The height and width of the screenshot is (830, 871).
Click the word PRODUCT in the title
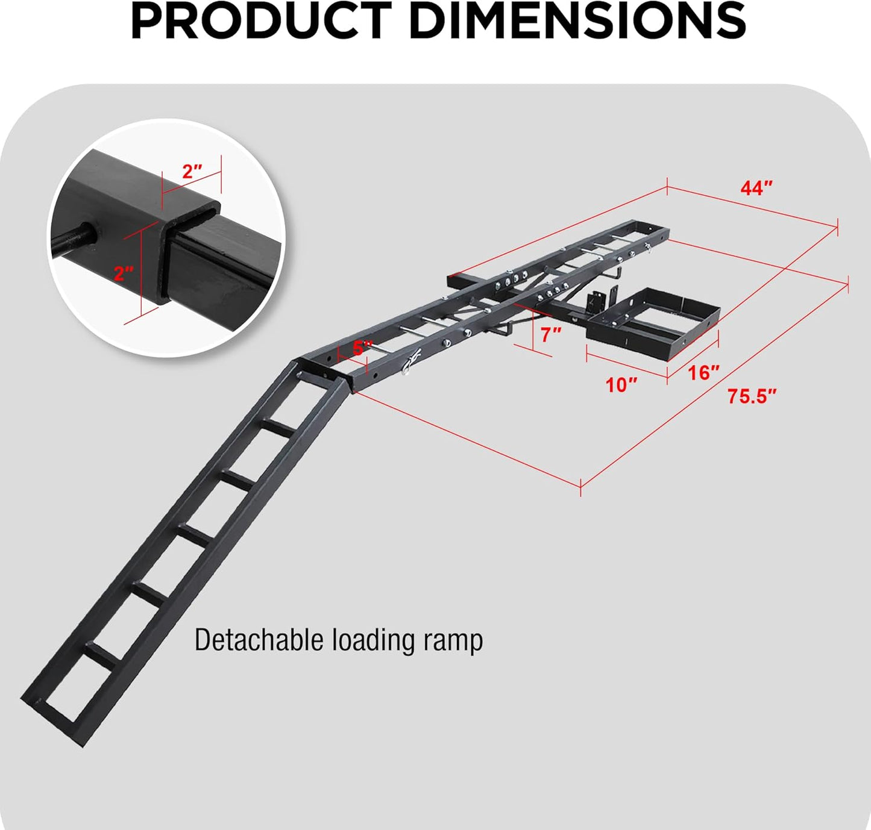click(x=261, y=21)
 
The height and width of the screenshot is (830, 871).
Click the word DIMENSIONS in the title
click(x=577, y=21)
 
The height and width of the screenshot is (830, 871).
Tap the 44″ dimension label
click(x=756, y=189)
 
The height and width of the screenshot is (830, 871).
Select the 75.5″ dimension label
click(x=751, y=396)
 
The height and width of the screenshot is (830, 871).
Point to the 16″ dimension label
click(x=703, y=373)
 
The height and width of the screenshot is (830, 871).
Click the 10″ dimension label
click(x=621, y=385)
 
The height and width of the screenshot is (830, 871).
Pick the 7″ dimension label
click(x=550, y=335)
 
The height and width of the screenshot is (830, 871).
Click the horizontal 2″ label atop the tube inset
click(x=192, y=172)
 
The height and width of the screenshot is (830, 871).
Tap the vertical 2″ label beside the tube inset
click(x=124, y=273)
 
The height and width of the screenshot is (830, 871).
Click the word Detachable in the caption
click(x=259, y=640)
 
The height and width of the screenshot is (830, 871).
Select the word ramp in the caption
click(x=453, y=641)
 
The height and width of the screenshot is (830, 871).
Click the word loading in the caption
click(x=373, y=641)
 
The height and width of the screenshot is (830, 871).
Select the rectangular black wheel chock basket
click(x=654, y=322)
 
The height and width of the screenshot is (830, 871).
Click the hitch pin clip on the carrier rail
click(x=412, y=363)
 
